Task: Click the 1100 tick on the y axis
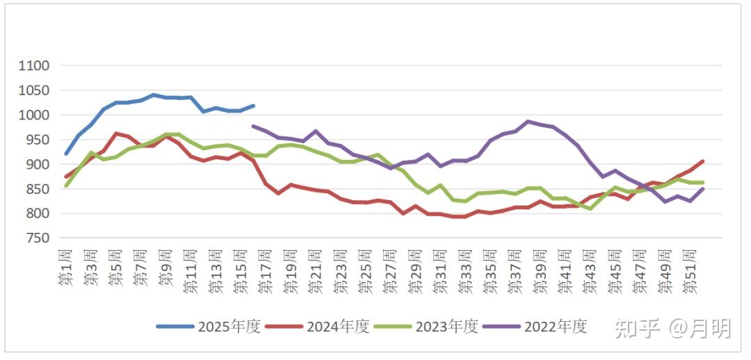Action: pos(34,65)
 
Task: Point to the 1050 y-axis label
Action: pos(34,90)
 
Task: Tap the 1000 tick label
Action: pos(34,115)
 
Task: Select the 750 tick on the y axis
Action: pos(38,238)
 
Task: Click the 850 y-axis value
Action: pos(38,189)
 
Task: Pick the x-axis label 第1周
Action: pos(65,267)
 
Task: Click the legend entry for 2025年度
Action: pos(209,327)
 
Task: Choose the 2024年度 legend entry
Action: pos(317,327)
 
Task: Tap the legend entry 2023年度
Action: pos(426,327)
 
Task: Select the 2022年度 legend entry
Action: pos(535,327)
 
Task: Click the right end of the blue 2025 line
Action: pos(253,106)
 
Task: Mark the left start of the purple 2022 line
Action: pos(253,126)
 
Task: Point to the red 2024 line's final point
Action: pos(702,161)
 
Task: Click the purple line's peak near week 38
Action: pos(528,122)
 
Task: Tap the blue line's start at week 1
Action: pos(65,154)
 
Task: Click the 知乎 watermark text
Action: pos(637,328)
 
